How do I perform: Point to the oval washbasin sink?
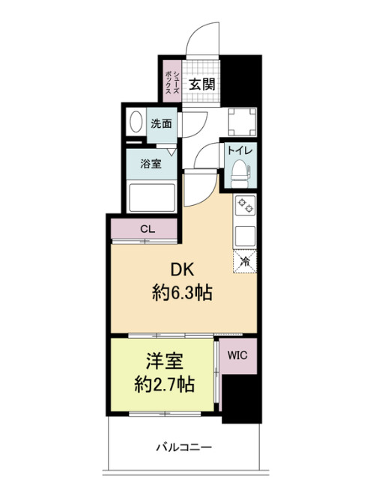pos(137,123)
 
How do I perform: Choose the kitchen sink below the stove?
pos(245,236)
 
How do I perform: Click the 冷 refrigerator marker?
pos(245,261)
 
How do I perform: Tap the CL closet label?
pos(144,230)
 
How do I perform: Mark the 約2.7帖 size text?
pos(166,385)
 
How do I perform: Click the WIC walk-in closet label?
pos(239,352)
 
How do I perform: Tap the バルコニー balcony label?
pos(183,447)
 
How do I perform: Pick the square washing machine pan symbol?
pos(240,120)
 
